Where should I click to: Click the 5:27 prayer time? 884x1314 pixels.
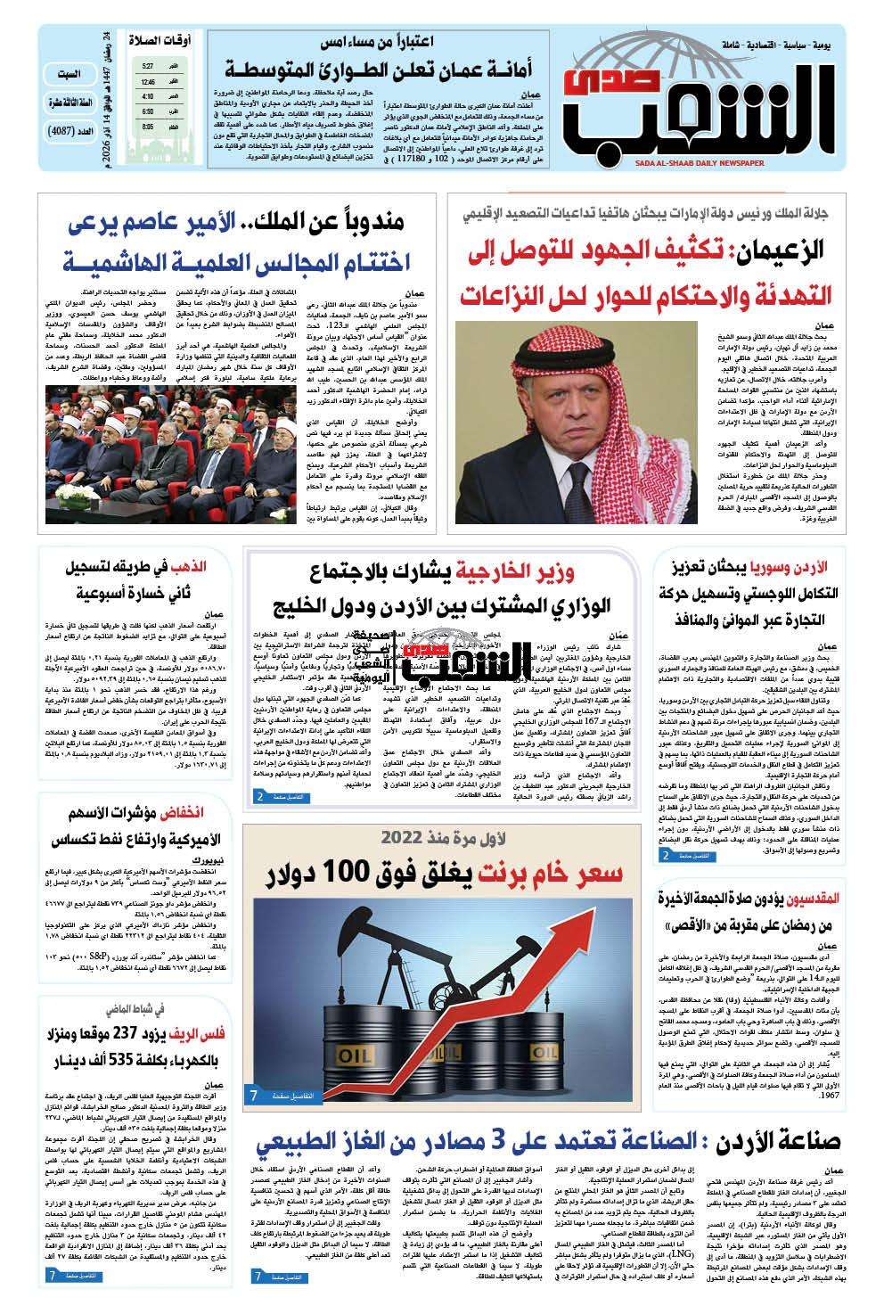pos(146,66)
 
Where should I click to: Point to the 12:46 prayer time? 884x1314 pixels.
pos(147,81)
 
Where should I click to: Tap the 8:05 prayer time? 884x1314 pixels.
pos(146,127)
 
